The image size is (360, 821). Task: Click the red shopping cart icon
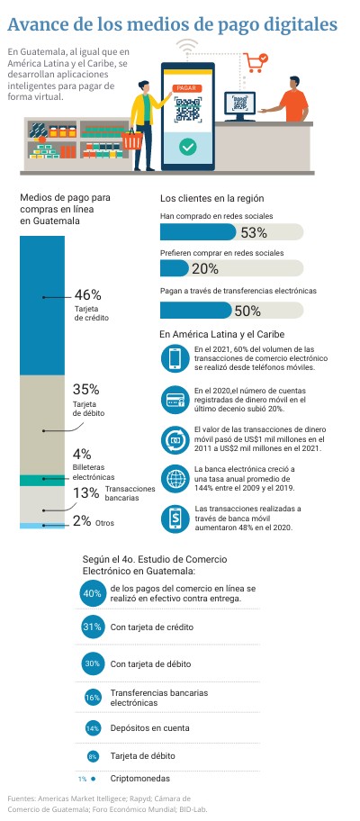tap(256, 62)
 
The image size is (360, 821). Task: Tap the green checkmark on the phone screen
tap(187, 147)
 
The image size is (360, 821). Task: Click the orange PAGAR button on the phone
tap(187, 88)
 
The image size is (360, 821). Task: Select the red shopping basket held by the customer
tap(132, 139)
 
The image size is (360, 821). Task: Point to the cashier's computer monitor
tap(240, 105)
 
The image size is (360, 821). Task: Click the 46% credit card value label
tap(88, 294)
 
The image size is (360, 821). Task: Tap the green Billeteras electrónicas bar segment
tap(42, 480)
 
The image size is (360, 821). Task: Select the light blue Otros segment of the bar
tap(42, 525)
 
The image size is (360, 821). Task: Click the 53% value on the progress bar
tap(254, 232)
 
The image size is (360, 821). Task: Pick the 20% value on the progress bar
tap(205, 269)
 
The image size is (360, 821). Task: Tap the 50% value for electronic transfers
tap(247, 311)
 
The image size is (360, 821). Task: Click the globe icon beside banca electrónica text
tap(175, 479)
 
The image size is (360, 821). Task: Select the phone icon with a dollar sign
tap(175, 519)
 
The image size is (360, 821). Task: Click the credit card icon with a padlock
tap(175, 400)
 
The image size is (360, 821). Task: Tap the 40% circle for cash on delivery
tap(92, 593)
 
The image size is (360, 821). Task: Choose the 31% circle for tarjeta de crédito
tap(92, 627)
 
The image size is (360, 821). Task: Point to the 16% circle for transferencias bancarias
tap(93, 698)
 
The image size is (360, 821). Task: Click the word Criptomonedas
tap(140, 779)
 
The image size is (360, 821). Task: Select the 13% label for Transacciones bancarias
tap(86, 492)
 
